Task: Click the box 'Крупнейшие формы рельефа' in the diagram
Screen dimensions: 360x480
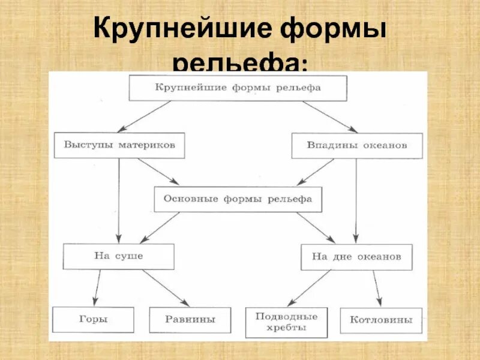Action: [x=238, y=88]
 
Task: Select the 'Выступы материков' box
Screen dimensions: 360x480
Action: [x=119, y=145]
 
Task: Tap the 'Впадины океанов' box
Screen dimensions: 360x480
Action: [x=357, y=145]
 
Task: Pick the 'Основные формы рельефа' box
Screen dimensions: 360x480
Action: [x=238, y=199]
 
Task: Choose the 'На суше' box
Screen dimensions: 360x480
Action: [x=119, y=256]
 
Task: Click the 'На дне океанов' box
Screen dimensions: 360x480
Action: [x=356, y=257]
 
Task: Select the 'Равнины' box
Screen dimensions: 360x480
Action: [x=190, y=320]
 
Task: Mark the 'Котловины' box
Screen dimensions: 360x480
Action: [x=381, y=320]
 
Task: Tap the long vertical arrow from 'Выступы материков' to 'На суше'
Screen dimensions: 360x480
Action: [x=119, y=198]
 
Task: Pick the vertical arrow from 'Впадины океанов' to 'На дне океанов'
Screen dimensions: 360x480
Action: [x=356, y=198]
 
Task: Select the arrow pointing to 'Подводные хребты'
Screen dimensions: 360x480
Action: [x=309, y=287]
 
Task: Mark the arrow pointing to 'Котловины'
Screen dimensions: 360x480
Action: [x=376, y=288]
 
